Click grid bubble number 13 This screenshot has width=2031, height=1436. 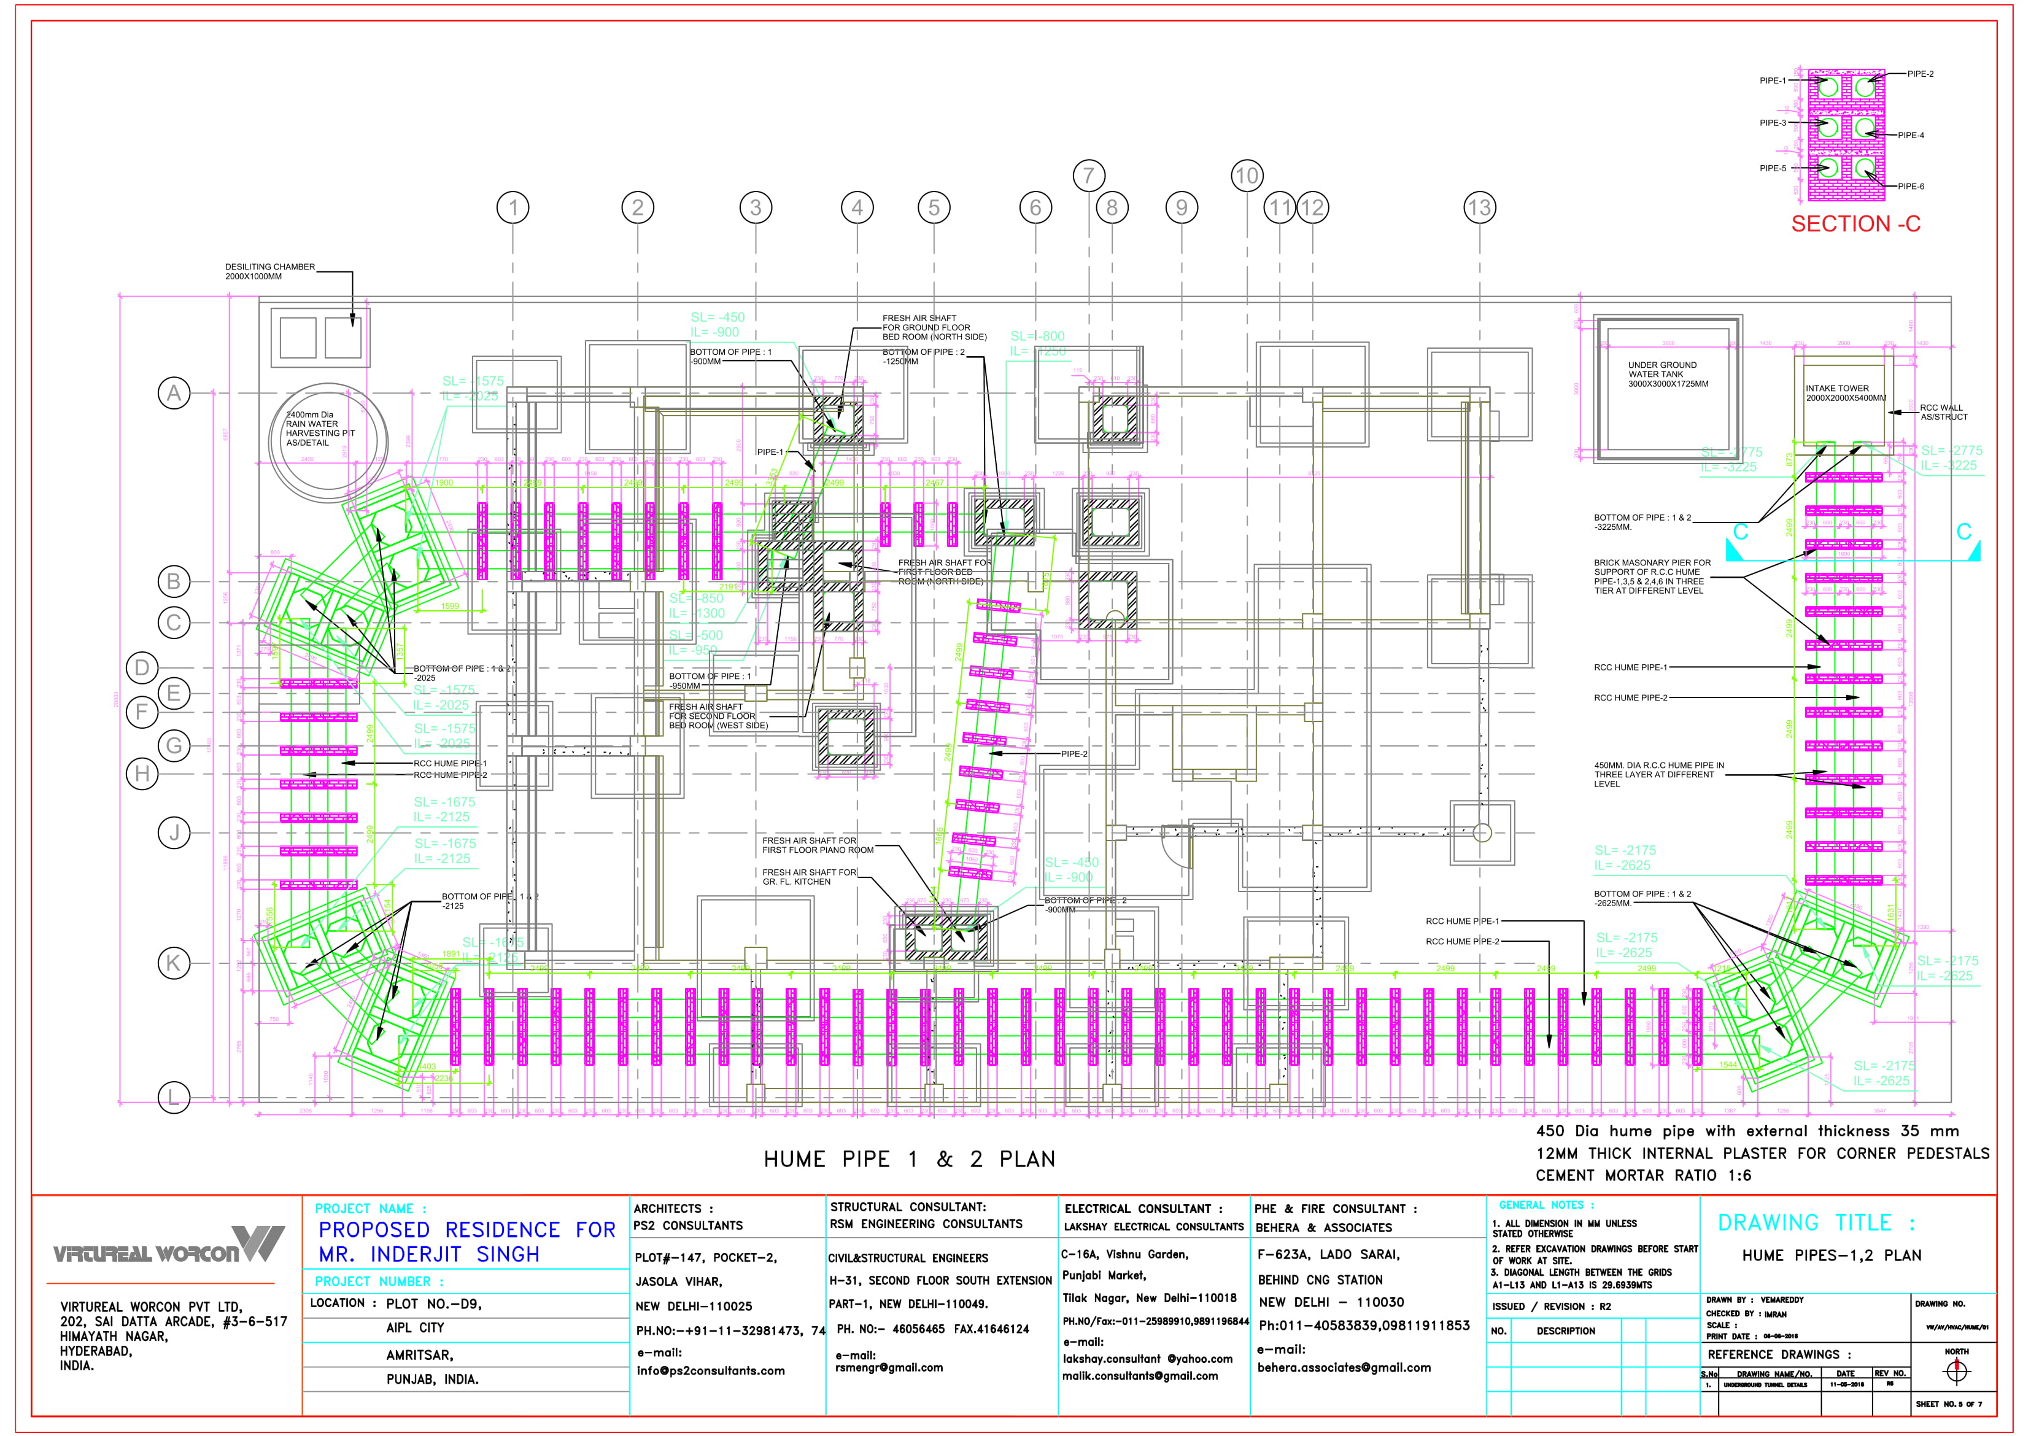click(x=1479, y=208)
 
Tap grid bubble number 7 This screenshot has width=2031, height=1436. click(x=1088, y=175)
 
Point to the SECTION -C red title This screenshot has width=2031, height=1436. click(x=1856, y=224)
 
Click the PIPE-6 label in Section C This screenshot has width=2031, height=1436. click(x=1911, y=187)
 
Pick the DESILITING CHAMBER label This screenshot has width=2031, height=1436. click(x=270, y=271)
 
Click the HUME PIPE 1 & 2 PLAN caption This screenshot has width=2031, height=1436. click(x=910, y=1159)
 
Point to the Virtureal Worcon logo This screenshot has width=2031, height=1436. click(x=168, y=1246)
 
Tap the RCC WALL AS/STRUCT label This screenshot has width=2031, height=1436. click(x=1943, y=413)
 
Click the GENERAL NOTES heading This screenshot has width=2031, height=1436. click(x=1546, y=1205)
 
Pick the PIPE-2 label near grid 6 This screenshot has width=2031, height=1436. click(x=1074, y=754)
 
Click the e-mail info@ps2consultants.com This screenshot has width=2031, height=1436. click(x=710, y=1370)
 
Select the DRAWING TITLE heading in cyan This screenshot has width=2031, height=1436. click(x=1816, y=1223)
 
